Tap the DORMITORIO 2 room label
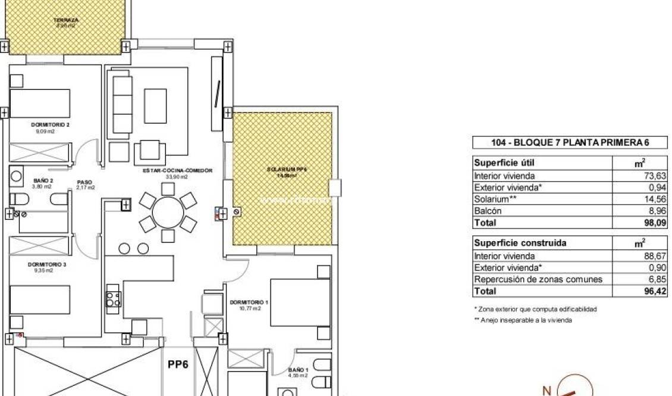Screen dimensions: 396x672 point(51,125)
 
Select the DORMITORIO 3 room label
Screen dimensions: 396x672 point(46,264)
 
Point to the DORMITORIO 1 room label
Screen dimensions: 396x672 point(249,303)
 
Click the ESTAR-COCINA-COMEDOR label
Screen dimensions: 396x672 point(177,171)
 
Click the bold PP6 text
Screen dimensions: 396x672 point(178,364)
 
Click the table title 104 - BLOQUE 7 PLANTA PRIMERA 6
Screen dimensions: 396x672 point(570,143)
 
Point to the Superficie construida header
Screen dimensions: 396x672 point(511,244)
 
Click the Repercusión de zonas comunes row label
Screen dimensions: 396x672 point(538,279)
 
